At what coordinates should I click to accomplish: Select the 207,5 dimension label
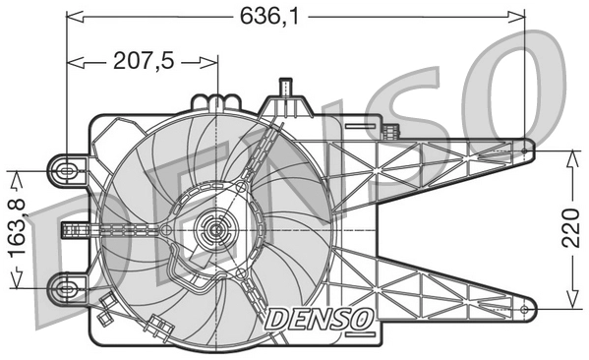tap(144, 61)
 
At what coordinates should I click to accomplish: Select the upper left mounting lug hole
tap(67, 170)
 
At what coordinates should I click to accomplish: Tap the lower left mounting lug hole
tap(67, 288)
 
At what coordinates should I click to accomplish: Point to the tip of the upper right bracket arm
tap(530, 150)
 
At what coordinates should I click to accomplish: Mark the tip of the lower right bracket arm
tap(530, 311)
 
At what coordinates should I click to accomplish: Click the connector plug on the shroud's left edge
tap(72, 230)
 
